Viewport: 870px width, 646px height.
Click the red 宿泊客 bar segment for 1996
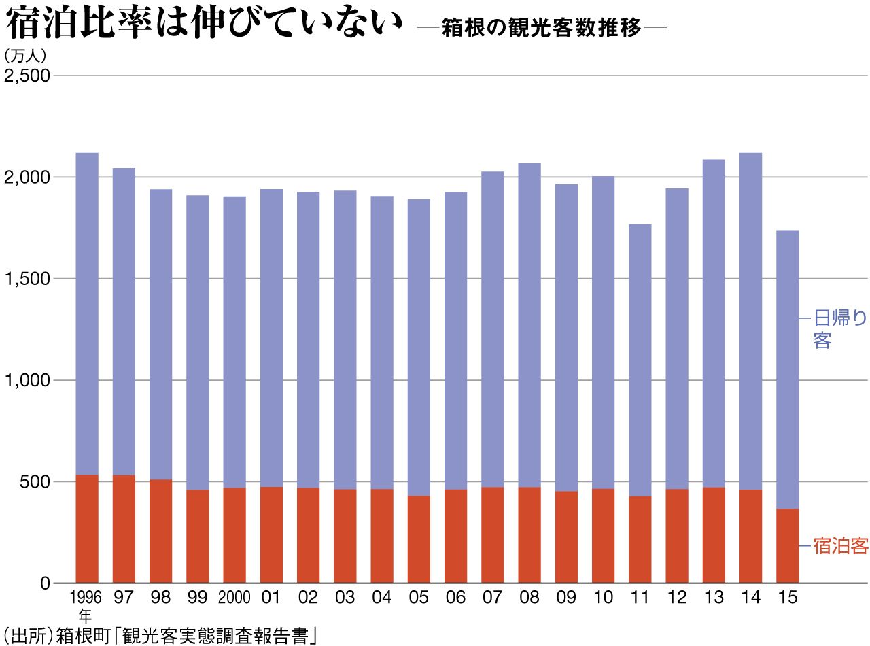click(x=87, y=528)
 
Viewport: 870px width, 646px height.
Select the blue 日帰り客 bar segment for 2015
click(x=787, y=369)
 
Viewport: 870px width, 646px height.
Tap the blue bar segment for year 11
click(x=640, y=360)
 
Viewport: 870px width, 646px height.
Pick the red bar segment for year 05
click(x=419, y=539)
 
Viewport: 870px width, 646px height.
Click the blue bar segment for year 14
click(x=750, y=321)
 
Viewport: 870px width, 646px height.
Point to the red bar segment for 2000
click(x=234, y=535)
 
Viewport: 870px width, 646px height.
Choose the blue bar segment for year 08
click(x=529, y=325)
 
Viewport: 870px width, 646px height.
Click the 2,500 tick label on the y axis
click(x=27, y=75)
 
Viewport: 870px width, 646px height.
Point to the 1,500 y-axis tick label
click(x=27, y=279)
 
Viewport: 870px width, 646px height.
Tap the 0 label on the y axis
click(x=46, y=583)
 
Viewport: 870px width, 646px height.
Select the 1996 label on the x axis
click(x=86, y=597)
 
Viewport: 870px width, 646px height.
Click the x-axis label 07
click(x=492, y=597)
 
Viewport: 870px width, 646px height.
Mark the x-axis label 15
click(x=787, y=597)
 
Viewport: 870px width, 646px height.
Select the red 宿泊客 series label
click(x=840, y=545)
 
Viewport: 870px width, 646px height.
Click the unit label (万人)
click(x=25, y=55)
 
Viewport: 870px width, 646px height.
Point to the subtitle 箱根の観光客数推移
click(x=541, y=27)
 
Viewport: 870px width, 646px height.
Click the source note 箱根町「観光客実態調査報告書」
click(x=186, y=635)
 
